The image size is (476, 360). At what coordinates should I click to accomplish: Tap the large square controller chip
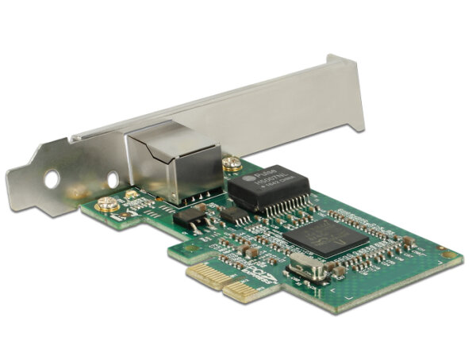326,236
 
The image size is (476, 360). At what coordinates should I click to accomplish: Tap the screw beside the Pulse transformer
232,165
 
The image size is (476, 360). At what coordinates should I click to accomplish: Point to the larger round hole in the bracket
52,180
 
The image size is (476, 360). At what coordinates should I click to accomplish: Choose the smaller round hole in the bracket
113,178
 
